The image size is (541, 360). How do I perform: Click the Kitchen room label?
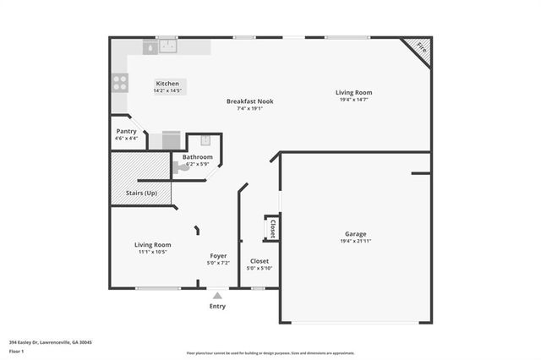167,84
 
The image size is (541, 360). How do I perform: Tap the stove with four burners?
121,82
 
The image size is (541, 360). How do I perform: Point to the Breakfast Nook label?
249,101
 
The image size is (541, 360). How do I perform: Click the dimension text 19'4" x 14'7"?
353,100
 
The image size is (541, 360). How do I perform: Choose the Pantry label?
126,131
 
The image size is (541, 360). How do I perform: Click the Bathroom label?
198,157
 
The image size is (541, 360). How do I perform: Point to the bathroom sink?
204,141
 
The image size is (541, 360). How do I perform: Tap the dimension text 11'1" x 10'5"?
152,252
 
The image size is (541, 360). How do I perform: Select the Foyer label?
218,255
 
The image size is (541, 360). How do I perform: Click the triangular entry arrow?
217,296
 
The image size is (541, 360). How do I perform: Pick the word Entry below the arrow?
217,307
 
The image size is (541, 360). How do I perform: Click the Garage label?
355,234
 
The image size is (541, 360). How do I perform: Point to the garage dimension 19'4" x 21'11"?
355,242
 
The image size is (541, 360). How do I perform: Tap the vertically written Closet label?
272,228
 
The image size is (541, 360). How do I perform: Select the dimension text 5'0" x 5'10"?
260,269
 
